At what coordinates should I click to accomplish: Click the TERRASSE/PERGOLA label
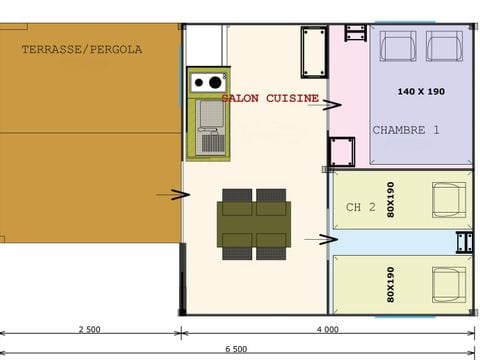(x=82, y=49)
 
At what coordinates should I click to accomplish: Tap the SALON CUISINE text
(x=270, y=99)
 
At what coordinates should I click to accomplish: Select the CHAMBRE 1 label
(x=406, y=130)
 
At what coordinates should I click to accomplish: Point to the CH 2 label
(x=360, y=207)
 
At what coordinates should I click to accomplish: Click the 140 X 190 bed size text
(x=421, y=91)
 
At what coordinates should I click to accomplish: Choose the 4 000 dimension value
(x=326, y=329)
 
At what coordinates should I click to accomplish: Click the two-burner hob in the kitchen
(x=209, y=83)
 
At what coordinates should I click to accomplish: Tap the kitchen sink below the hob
(x=210, y=116)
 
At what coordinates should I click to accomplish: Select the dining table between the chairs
(x=254, y=224)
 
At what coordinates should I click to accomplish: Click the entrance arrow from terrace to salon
(x=179, y=194)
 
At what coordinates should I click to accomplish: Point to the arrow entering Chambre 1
(x=332, y=104)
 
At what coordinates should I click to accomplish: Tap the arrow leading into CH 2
(x=327, y=238)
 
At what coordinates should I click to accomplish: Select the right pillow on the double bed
(x=444, y=46)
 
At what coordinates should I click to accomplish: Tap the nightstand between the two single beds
(x=464, y=242)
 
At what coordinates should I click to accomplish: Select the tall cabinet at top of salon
(x=313, y=51)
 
